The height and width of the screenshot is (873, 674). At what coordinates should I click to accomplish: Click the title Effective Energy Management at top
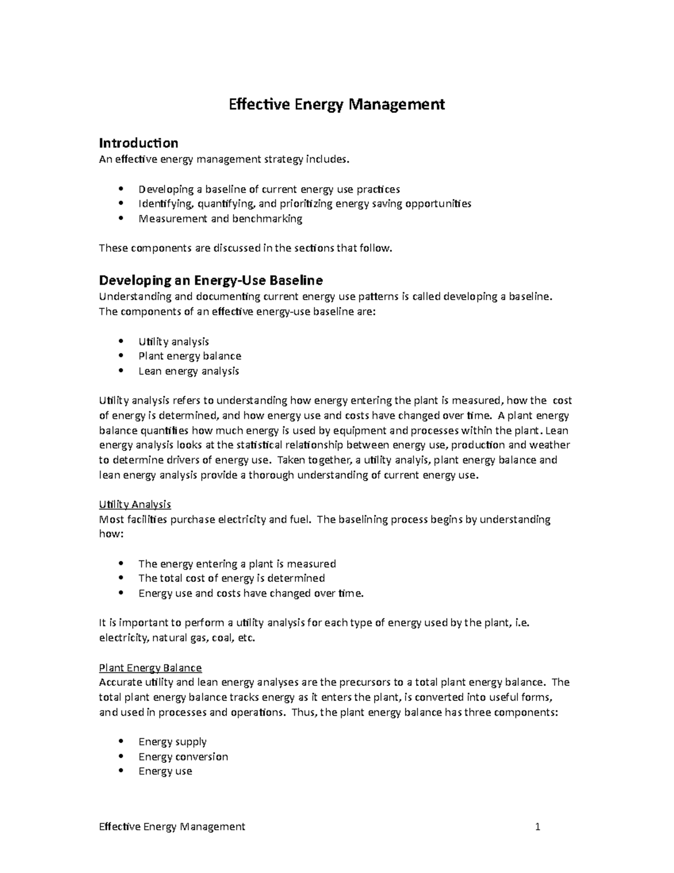point(336,105)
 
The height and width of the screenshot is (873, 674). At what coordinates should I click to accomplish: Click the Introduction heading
point(138,143)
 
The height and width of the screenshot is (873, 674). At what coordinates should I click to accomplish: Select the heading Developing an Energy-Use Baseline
point(211,280)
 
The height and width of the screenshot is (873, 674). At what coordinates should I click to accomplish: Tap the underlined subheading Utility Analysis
point(135,504)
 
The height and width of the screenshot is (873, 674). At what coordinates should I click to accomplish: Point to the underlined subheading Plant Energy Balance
point(150,668)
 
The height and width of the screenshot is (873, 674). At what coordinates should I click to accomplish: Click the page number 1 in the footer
point(538,826)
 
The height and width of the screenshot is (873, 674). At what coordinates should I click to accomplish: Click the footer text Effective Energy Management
point(172,826)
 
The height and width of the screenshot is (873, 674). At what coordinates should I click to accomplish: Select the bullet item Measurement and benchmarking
point(220,219)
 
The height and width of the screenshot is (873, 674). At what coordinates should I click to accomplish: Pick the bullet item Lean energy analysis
point(189,371)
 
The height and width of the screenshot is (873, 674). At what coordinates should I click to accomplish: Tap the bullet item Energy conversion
point(183,757)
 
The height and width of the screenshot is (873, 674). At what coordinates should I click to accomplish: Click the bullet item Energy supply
point(172,741)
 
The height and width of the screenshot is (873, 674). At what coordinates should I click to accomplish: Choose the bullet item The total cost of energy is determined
point(231,578)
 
